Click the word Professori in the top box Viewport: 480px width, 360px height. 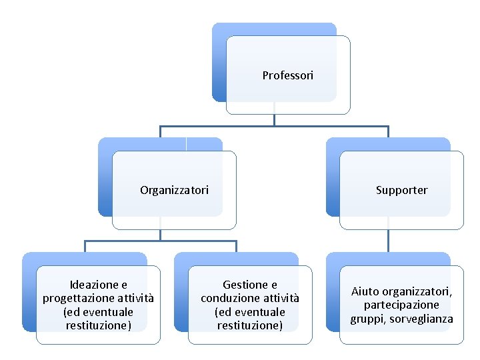[x=287, y=75]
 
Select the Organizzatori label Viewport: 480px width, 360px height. [x=174, y=190]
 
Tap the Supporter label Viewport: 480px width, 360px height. [x=401, y=190]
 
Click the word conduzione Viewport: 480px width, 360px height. [x=230, y=298]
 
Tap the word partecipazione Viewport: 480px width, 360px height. [x=401, y=305]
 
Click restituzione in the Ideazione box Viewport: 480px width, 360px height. [x=98, y=325]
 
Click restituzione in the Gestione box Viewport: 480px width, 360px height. [x=250, y=325]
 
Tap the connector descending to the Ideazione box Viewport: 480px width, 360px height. [x=85, y=247]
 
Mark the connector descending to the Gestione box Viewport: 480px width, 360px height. [x=236, y=247]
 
